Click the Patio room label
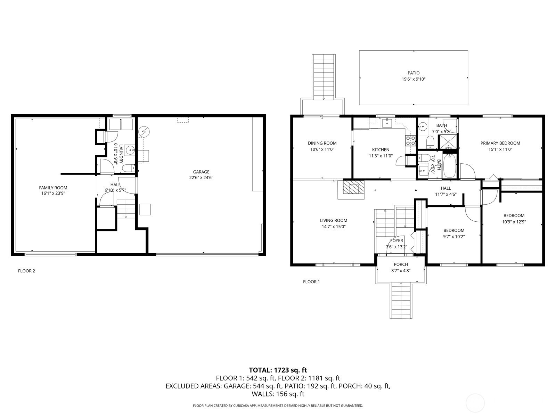[414, 73]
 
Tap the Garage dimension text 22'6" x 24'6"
[201, 178]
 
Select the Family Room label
[53, 188]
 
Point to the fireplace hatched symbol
[353, 187]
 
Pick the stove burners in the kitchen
[410, 140]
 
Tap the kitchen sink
[387, 123]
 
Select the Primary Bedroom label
[500, 143]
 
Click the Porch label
[401, 264]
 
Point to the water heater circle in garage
[144, 132]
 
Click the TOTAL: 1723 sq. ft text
[278, 370]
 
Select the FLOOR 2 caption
[26, 271]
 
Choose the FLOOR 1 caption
[311, 281]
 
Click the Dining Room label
[322, 143]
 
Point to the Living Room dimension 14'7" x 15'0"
[334, 227]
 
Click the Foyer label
[396, 240]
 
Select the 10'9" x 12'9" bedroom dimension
[514, 222]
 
